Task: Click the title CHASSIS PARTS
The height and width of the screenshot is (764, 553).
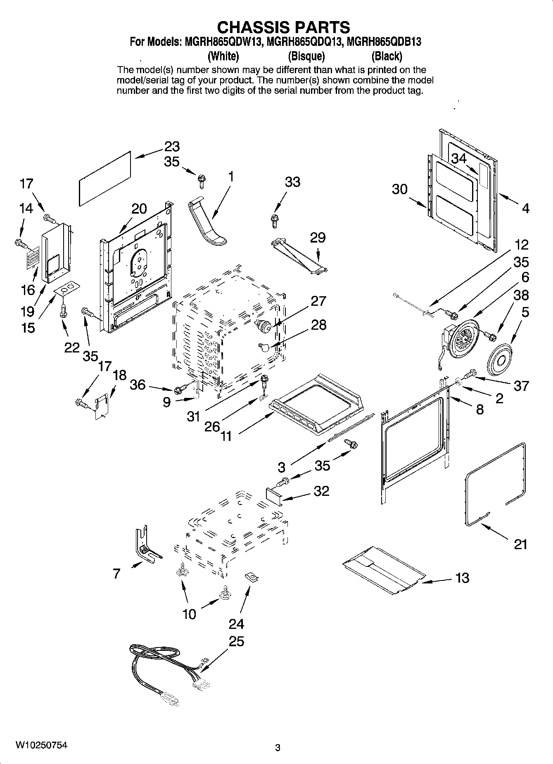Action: (x=283, y=27)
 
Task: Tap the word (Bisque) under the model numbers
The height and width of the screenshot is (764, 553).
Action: (x=306, y=56)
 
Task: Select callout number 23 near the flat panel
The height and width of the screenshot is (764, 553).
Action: (x=172, y=146)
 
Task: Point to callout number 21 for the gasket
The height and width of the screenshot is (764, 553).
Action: (x=520, y=544)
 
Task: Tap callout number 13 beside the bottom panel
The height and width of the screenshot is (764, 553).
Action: (x=462, y=577)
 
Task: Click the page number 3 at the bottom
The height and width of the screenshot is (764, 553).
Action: (x=278, y=747)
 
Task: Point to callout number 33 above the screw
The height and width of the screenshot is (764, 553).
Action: (x=292, y=182)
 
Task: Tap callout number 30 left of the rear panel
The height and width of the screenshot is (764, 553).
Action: (x=399, y=189)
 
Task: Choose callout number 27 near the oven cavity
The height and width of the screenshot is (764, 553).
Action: (x=318, y=301)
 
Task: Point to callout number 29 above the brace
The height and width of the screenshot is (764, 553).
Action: (x=318, y=238)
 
